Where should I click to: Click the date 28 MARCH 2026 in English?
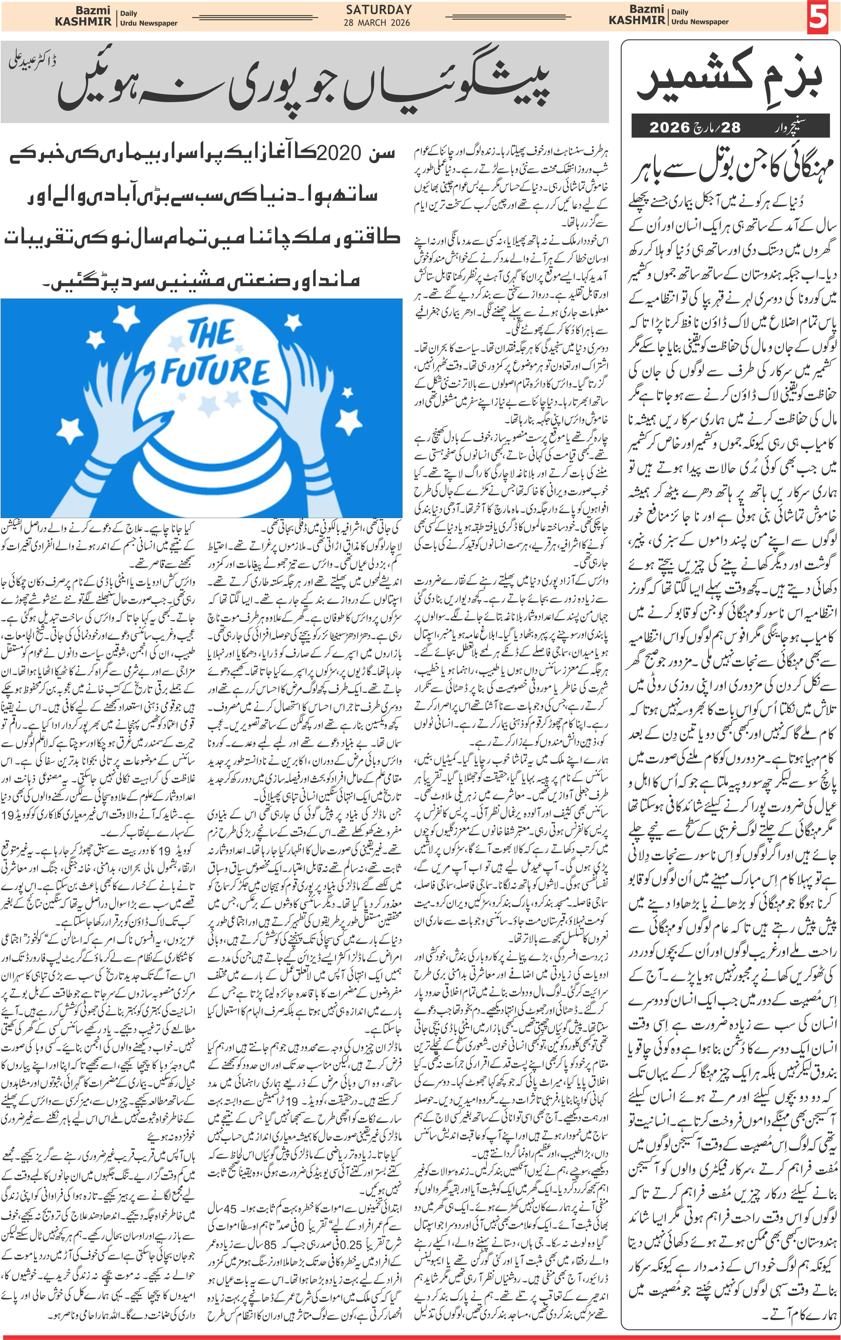coord(377,23)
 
